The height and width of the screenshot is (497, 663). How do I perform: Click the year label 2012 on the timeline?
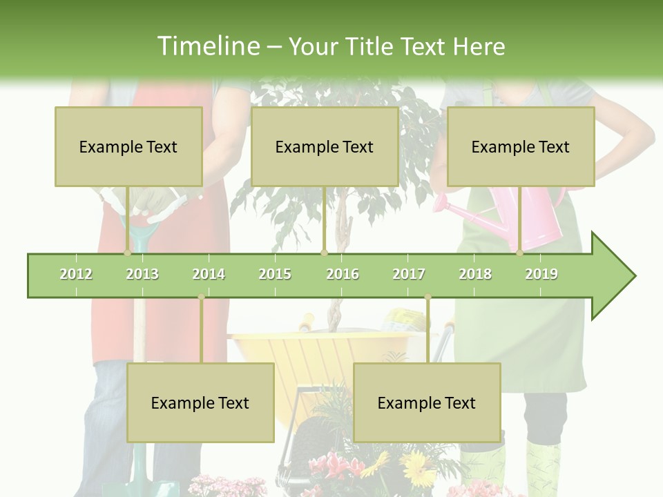(76, 274)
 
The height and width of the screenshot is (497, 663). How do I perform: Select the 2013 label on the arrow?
(142, 274)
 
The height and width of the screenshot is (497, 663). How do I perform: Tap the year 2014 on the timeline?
(209, 274)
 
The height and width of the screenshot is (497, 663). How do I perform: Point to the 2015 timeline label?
(275, 274)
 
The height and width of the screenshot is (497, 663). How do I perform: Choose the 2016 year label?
(343, 274)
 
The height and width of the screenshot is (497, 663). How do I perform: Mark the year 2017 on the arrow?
(409, 274)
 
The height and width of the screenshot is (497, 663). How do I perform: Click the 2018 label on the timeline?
(475, 274)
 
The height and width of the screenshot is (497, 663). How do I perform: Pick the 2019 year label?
(541, 274)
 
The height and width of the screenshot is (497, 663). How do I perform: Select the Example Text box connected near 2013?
(128, 146)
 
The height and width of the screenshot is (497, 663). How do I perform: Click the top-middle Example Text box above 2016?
(325, 146)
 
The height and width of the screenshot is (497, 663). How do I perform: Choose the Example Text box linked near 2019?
(521, 146)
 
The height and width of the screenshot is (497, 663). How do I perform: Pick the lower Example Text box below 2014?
(200, 402)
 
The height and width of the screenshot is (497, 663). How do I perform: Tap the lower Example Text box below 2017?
(427, 402)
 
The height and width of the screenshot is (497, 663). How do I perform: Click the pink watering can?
(532, 217)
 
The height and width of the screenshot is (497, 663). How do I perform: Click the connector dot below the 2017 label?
(427, 298)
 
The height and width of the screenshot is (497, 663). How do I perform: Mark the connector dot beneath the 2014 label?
(201, 298)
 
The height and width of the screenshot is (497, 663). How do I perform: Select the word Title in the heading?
(374, 46)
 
